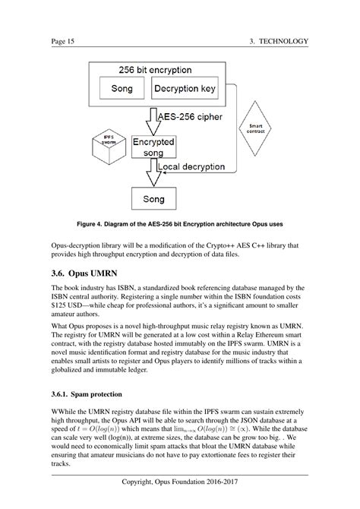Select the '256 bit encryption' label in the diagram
point(154,70)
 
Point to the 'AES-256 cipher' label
point(188,118)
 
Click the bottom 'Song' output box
point(154,200)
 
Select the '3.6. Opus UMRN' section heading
point(88,271)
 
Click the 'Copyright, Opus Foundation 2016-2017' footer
point(179,484)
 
